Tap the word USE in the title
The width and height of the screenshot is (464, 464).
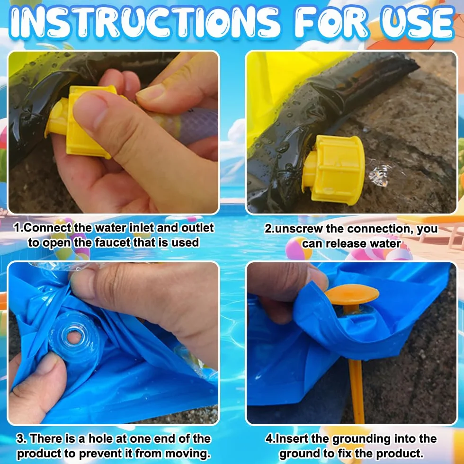418,23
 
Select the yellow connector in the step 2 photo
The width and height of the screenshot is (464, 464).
333,169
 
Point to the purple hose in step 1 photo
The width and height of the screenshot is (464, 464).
189,126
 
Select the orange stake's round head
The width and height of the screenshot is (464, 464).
352,294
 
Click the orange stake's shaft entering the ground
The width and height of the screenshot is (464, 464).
357,391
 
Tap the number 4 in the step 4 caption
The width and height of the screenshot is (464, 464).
269,438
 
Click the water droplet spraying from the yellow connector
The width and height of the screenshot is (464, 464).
380,175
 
